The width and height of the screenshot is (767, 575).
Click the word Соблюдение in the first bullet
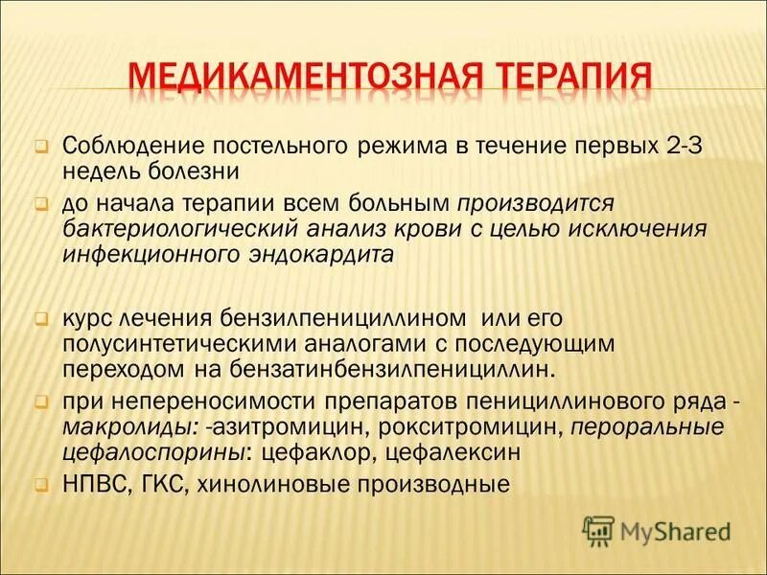tap(127, 148)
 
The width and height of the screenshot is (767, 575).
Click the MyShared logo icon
tap(598, 529)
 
